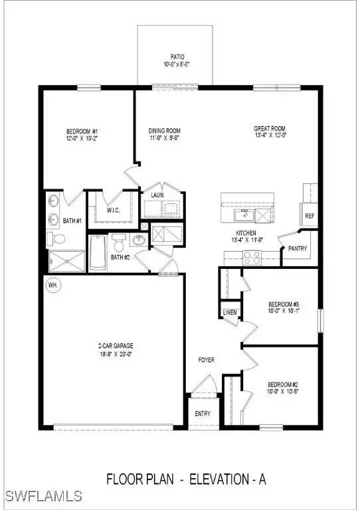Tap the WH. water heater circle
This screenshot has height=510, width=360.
(x=52, y=286)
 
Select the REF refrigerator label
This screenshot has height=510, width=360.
(x=310, y=216)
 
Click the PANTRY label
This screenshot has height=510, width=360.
(x=296, y=248)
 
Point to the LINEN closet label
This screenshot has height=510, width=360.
(x=230, y=312)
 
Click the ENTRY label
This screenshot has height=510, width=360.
(x=203, y=414)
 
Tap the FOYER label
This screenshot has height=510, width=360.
(x=207, y=360)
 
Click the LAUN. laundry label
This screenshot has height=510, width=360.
(x=158, y=196)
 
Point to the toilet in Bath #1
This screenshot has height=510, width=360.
(x=57, y=238)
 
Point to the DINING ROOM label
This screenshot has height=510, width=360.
(x=164, y=131)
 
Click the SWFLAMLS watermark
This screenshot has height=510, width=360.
(x=43, y=496)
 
